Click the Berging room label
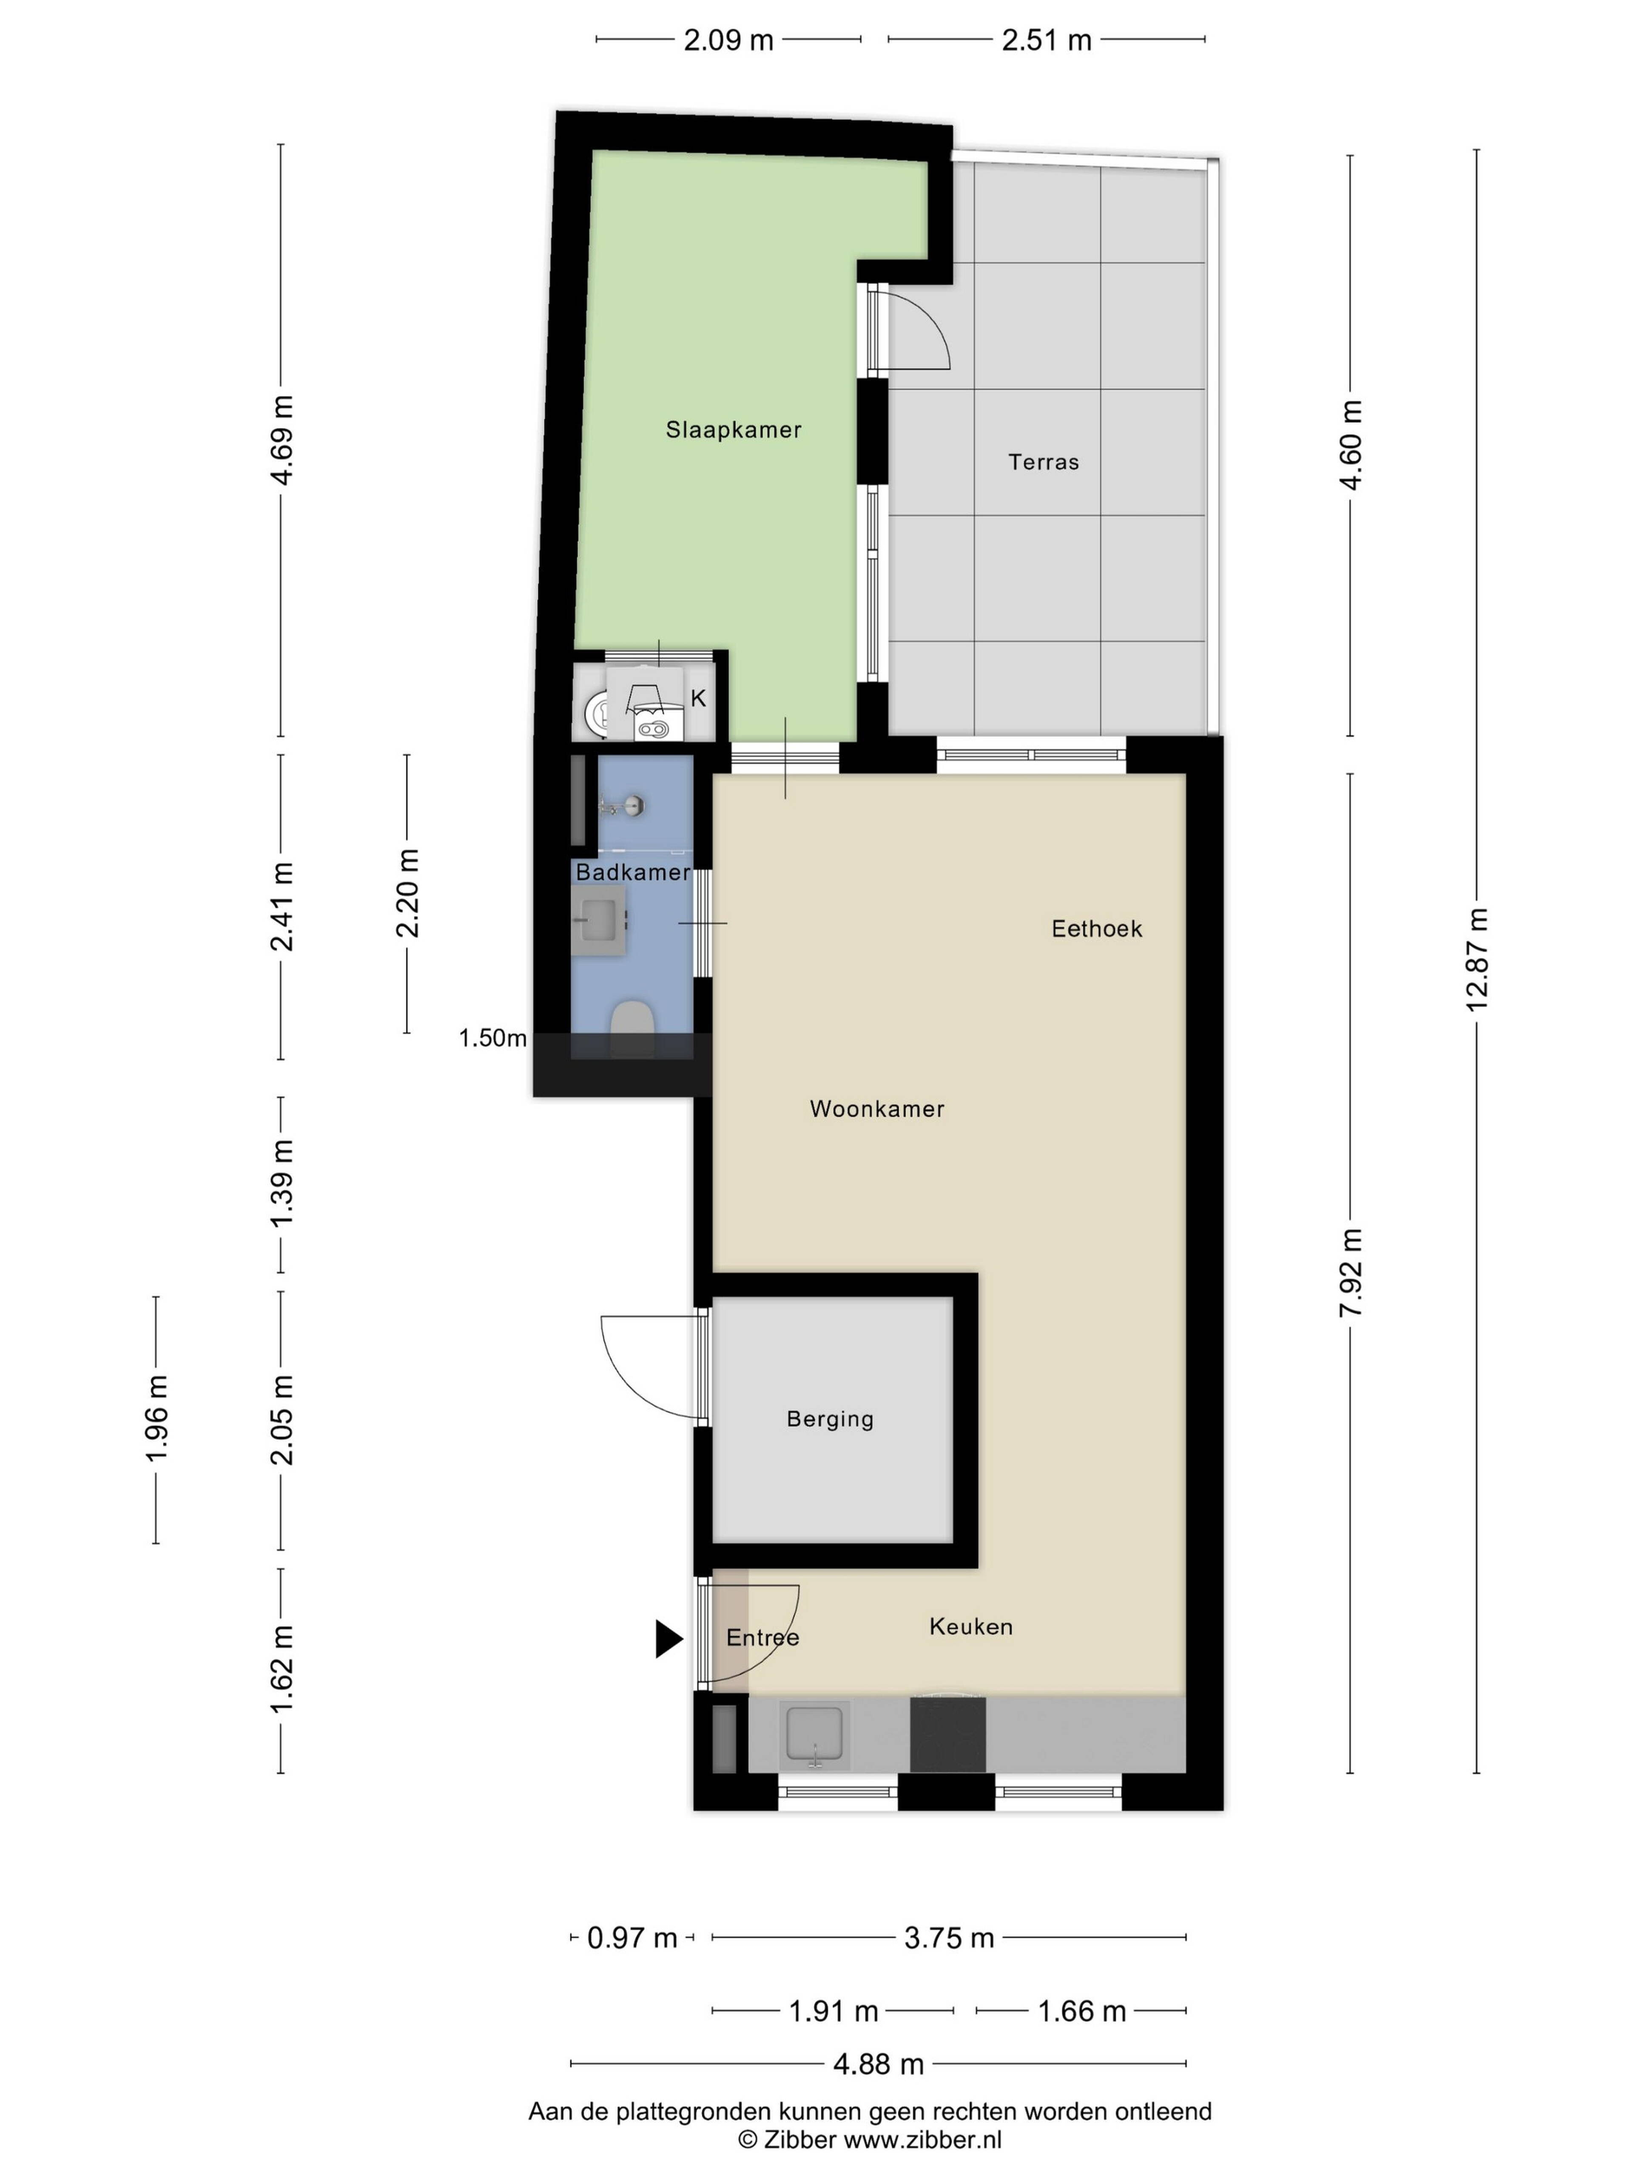point(830,1419)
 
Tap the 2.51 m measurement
point(1046,40)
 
